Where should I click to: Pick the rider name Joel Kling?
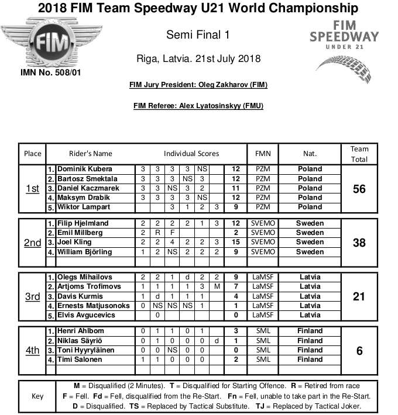[x=75, y=243]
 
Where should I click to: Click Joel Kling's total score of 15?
[x=236, y=243]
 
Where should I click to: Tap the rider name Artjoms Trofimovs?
[x=89, y=287]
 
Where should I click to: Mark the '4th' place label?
[x=33, y=350]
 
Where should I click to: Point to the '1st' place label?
[x=33, y=188]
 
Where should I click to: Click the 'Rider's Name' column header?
[x=91, y=154]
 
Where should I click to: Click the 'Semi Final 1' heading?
[x=197, y=35]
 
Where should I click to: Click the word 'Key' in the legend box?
[x=37, y=396]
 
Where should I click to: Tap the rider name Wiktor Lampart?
[x=83, y=207]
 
